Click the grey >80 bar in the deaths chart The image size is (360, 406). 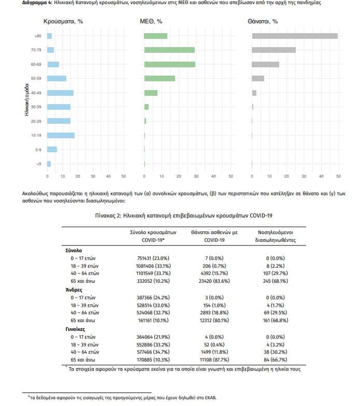coord(295,36)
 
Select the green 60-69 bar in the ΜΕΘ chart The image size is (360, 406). coord(170,64)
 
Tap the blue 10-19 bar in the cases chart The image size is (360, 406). coord(61,136)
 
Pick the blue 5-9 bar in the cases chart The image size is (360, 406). coord(52,149)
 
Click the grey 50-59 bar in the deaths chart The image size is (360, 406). coord(258,79)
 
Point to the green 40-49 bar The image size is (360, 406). coord(151,93)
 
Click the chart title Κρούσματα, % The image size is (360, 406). coord(63,22)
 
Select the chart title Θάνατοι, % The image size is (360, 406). coord(263,22)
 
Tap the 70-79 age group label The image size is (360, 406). coord(36,50)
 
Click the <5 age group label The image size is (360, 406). coord(39,164)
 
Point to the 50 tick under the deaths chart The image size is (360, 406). coord(338,176)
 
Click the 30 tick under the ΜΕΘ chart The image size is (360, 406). coord(196,176)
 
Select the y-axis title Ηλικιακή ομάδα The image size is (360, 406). coord(26,99)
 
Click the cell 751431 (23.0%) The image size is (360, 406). coord(153,258)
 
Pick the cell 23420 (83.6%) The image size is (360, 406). coord(214,281)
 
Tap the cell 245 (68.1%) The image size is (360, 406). coord(276,281)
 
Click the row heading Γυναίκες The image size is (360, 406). coord(75,329)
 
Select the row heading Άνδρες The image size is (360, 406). coord(74,290)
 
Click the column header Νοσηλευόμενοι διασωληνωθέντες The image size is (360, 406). coord(276,236)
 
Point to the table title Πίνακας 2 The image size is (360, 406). coord(108,215)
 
